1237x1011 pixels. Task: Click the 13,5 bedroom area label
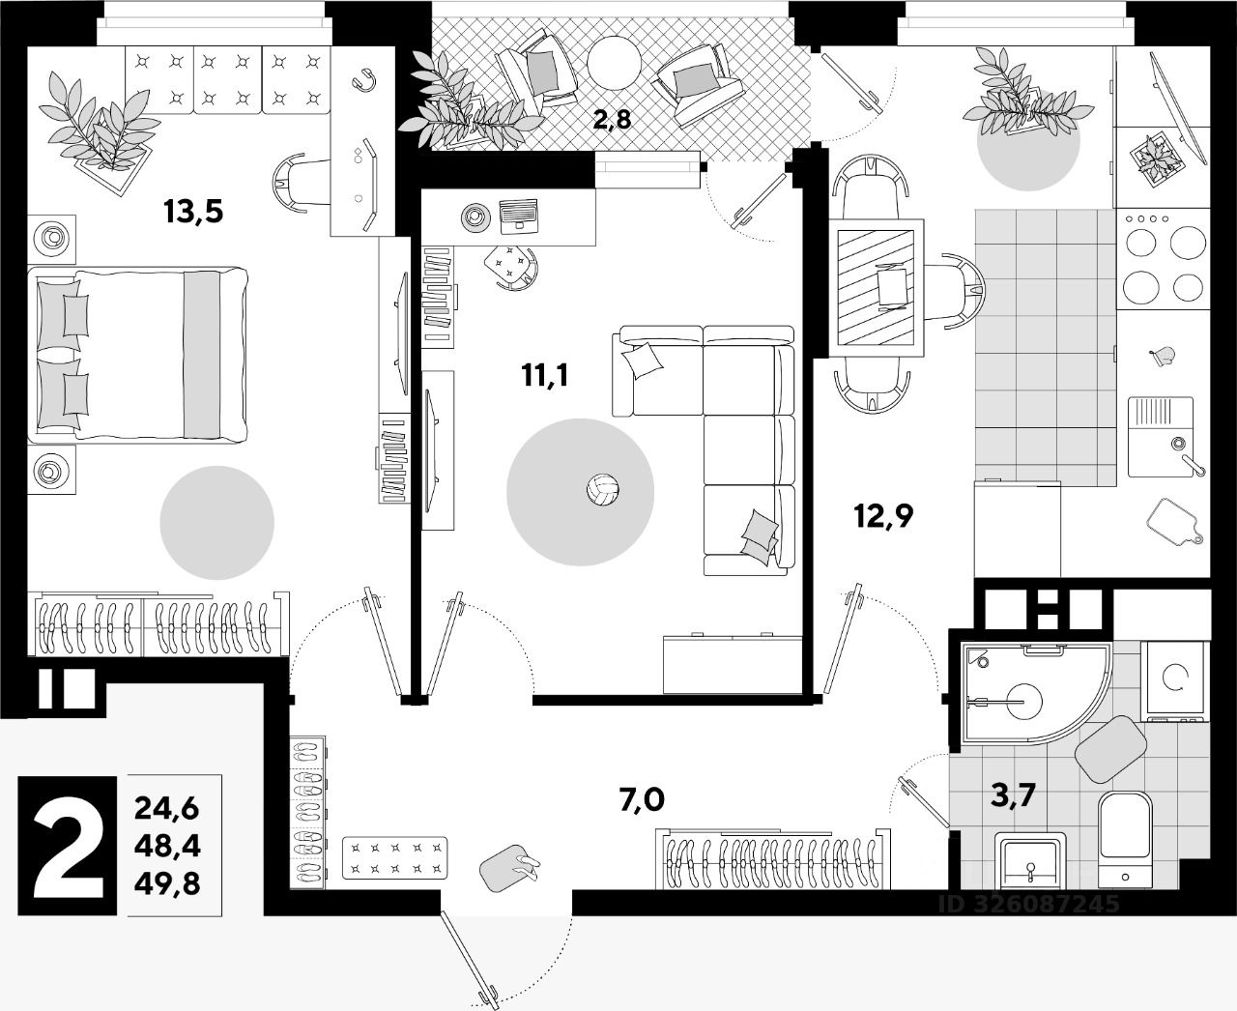(x=193, y=210)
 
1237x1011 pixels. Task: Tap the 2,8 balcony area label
(x=612, y=120)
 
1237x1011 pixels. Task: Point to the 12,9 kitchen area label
(x=882, y=516)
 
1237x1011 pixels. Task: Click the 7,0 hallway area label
(x=642, y=800)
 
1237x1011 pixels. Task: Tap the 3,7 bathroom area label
(x=1014, y=795)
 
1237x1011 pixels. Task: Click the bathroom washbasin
(x=1031, y=859)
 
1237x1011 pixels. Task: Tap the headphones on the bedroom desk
(x=365, y=80)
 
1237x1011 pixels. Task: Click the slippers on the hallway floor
(x=513, y=864)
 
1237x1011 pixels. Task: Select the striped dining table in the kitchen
(x=877, y=282)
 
